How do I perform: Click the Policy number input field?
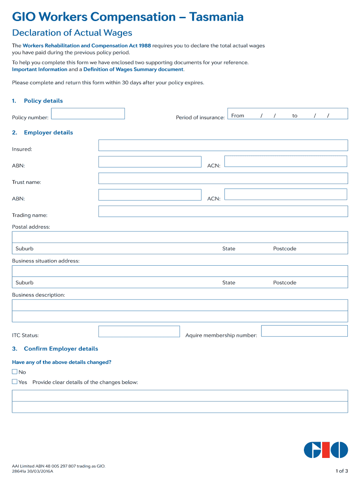(88, 114)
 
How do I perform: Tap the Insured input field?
(223, 145)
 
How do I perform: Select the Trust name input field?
(223, 178)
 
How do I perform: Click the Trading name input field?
(223, 211)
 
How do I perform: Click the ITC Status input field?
(139, 332)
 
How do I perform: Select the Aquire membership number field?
(304, 331)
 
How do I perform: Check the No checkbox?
(14, 372)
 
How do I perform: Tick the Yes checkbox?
(14, 382)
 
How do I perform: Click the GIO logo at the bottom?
(326, 450)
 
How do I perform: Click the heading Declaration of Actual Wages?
(72, 33)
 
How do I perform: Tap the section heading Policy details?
(43, 101)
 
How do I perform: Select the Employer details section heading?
(48, 133)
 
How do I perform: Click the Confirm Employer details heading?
(61, 349)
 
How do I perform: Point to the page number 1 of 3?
(342, 471)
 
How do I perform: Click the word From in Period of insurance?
(238, 116)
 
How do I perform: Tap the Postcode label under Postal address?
(285, 249)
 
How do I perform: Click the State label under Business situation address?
(229, 283)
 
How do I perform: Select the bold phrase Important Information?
(40, 69)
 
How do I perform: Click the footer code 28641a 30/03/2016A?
(33, 472)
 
